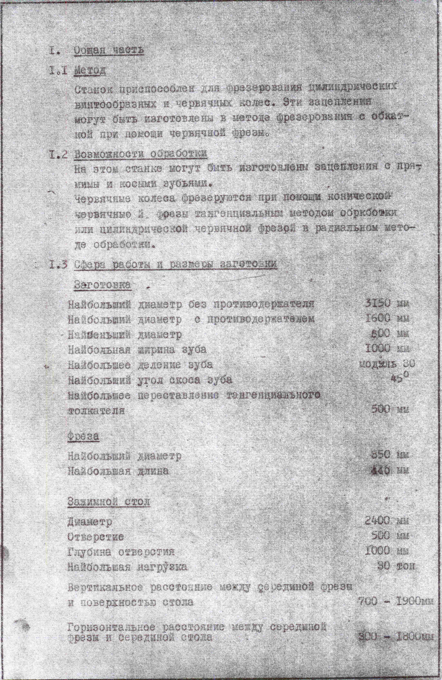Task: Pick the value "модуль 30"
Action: coord(387,364)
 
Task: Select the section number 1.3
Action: coord(58,265)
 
